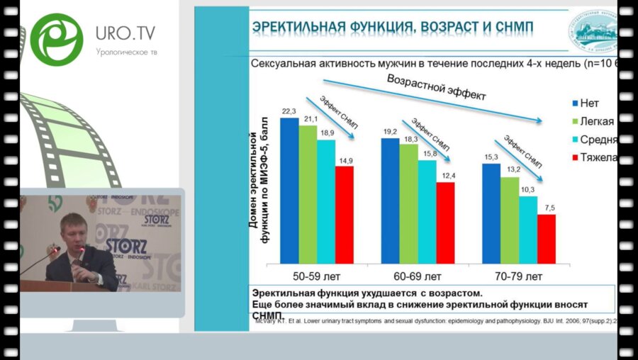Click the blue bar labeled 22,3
pos(289,190)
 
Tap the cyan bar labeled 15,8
pos(427,211)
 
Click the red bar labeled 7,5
pos(547,238)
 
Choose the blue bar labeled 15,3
pos(491,213)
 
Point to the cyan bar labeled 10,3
pos(528,229)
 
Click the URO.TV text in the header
pos(125,33)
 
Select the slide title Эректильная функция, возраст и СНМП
pos(393,28)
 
